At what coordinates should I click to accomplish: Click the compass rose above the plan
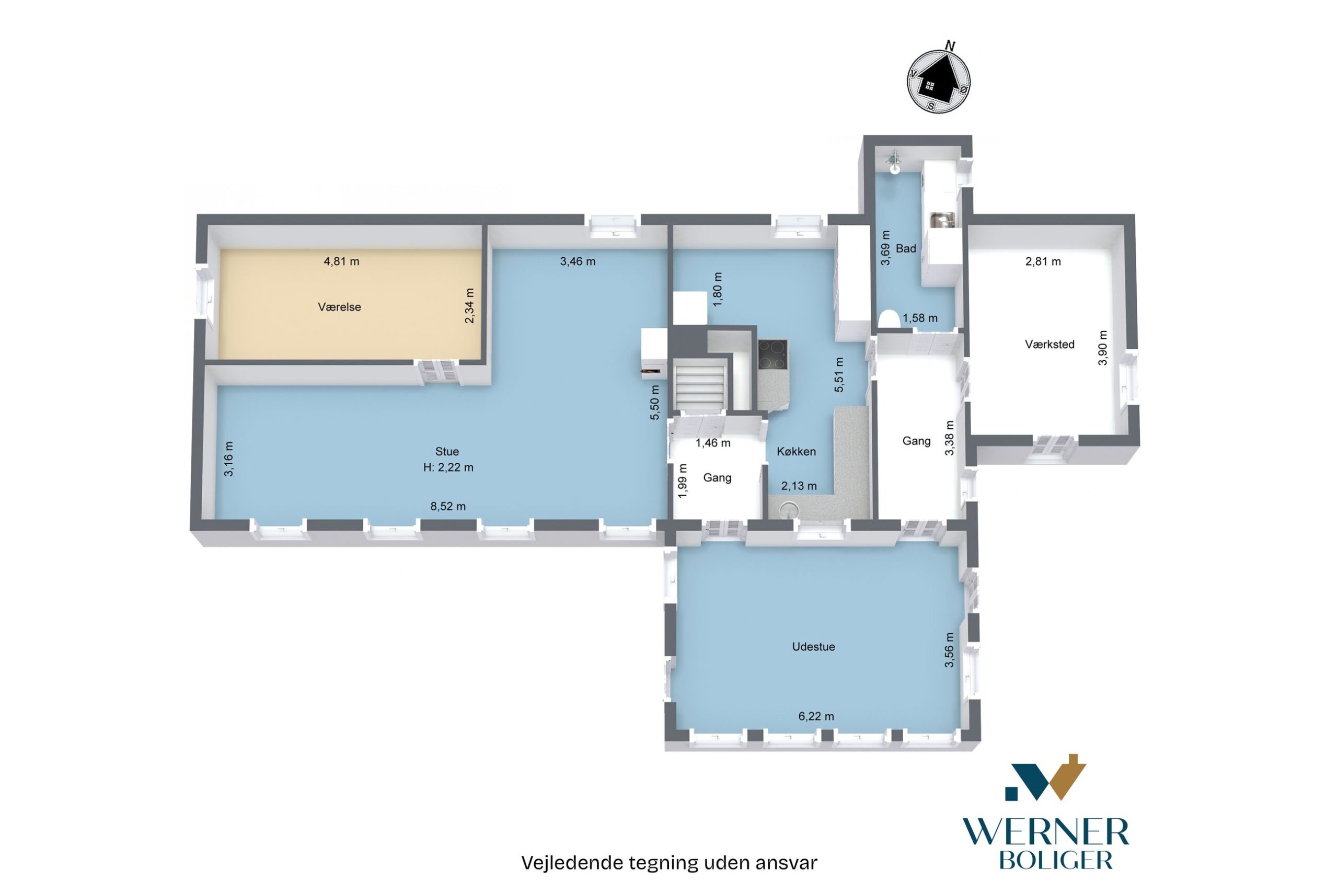pos(939,81)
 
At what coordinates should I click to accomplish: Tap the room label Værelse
pos(340,307)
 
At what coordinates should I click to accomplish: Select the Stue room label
pos(447,452)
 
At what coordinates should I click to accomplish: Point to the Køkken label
pos(796,452)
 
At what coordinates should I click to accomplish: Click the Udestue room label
pos(813,647)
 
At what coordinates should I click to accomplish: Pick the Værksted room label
pos(1049,344)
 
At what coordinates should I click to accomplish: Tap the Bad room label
pos(906,248)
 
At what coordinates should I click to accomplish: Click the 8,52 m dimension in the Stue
pos(448,506)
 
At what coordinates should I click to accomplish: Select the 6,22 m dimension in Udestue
pos(816,716)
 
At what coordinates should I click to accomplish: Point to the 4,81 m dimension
pos(341,261)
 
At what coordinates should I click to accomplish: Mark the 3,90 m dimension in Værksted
pos(1103,348)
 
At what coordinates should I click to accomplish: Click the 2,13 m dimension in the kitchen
pos(799,486)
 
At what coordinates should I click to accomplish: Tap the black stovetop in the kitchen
pos(773,354)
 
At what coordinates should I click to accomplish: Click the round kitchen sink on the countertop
pos(789,509)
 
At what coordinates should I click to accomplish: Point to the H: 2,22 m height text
pos(448,467)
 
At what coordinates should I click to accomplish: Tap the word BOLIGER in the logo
pos(1055,861)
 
